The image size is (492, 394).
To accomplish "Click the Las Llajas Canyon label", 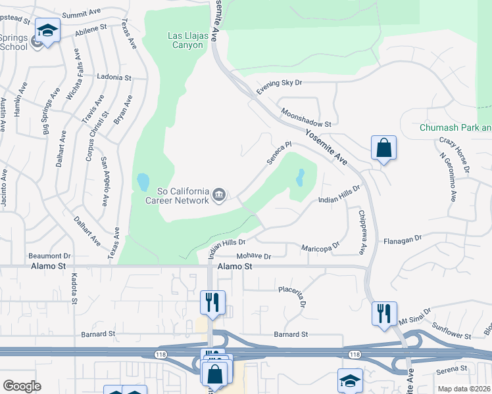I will (185, 40).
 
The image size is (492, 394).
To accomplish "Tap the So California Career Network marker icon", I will (219, 194).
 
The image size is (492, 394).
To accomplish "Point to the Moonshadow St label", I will (305, 118).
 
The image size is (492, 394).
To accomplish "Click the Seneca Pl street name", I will (278, 154).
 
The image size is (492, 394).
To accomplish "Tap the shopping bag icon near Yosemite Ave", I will (383, 148).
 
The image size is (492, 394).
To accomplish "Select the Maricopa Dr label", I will (320, 247).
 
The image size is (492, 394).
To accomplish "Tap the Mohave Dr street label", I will (253, 256).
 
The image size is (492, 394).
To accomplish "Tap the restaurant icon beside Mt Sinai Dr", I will (383, 314).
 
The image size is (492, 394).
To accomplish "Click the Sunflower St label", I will (451, 330).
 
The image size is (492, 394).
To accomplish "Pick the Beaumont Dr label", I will (49, 255).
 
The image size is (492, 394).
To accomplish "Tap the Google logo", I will (22, 386).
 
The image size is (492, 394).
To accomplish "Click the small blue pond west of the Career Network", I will (143, 181).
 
